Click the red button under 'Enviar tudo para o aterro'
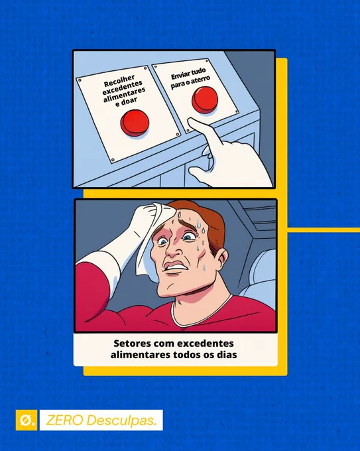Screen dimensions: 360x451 205,99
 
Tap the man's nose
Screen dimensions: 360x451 173,251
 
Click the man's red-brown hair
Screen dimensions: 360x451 202,219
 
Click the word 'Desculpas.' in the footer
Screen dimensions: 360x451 121,420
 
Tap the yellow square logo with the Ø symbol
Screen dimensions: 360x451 27,420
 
